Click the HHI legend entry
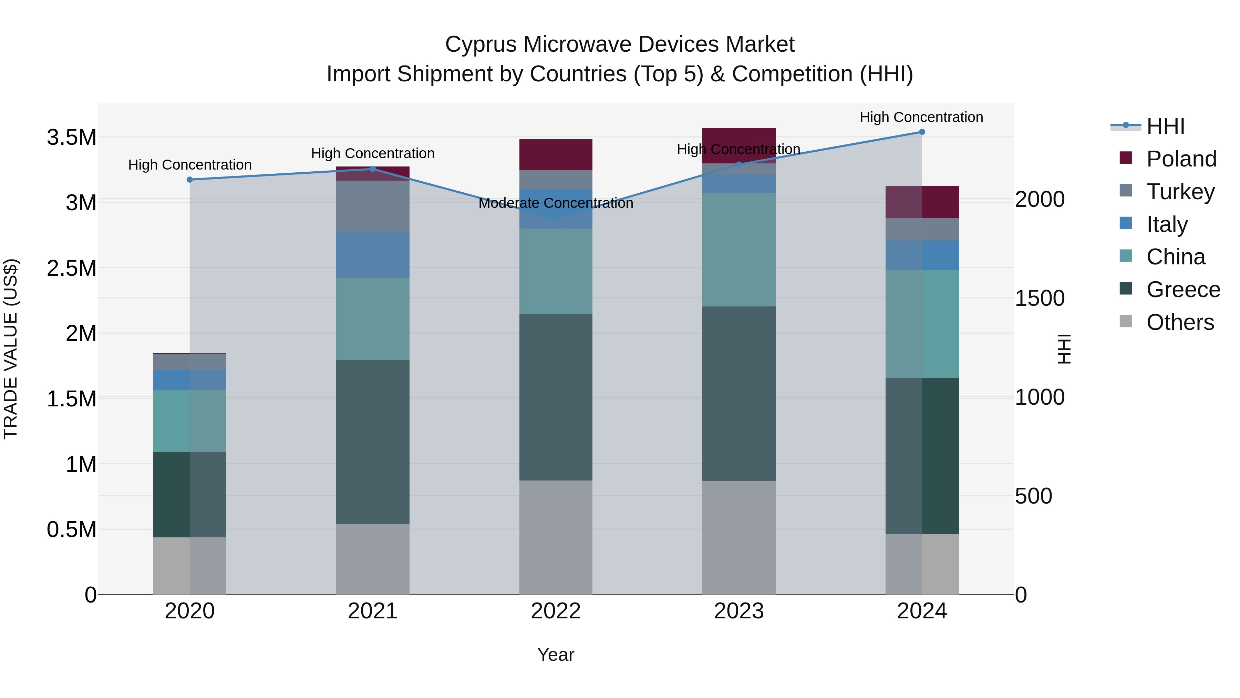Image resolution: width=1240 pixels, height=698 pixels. click(x=1165, y=126)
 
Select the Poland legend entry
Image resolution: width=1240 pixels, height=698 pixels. click(x=1181, y=159)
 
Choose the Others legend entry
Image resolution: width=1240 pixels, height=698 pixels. click(x=1180, y=322)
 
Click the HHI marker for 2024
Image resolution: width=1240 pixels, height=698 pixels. click(x=922, y=132)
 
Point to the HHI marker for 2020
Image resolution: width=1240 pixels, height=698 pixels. click(x=190, y=180)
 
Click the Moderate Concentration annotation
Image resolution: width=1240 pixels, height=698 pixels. click(x=556, y=203)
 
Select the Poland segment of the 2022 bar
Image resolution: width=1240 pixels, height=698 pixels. click(x=556, y=155)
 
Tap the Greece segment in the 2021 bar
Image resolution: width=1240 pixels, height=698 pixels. click(x=373, y=442)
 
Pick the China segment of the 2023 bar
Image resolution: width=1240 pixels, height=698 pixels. click(x=739, y=250)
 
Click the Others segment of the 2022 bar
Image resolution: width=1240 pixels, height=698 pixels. click(x=556, y=537)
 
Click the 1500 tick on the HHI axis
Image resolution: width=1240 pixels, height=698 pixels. click(x=1040, y=299)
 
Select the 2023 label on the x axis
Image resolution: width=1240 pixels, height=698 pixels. click(x=739, y=611)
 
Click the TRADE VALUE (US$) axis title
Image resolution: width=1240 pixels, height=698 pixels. click(x=11, y=349)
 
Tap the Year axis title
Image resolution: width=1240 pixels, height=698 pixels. click(x=556, y=655)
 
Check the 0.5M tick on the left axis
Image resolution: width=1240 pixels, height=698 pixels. click(x=71, y=529)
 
